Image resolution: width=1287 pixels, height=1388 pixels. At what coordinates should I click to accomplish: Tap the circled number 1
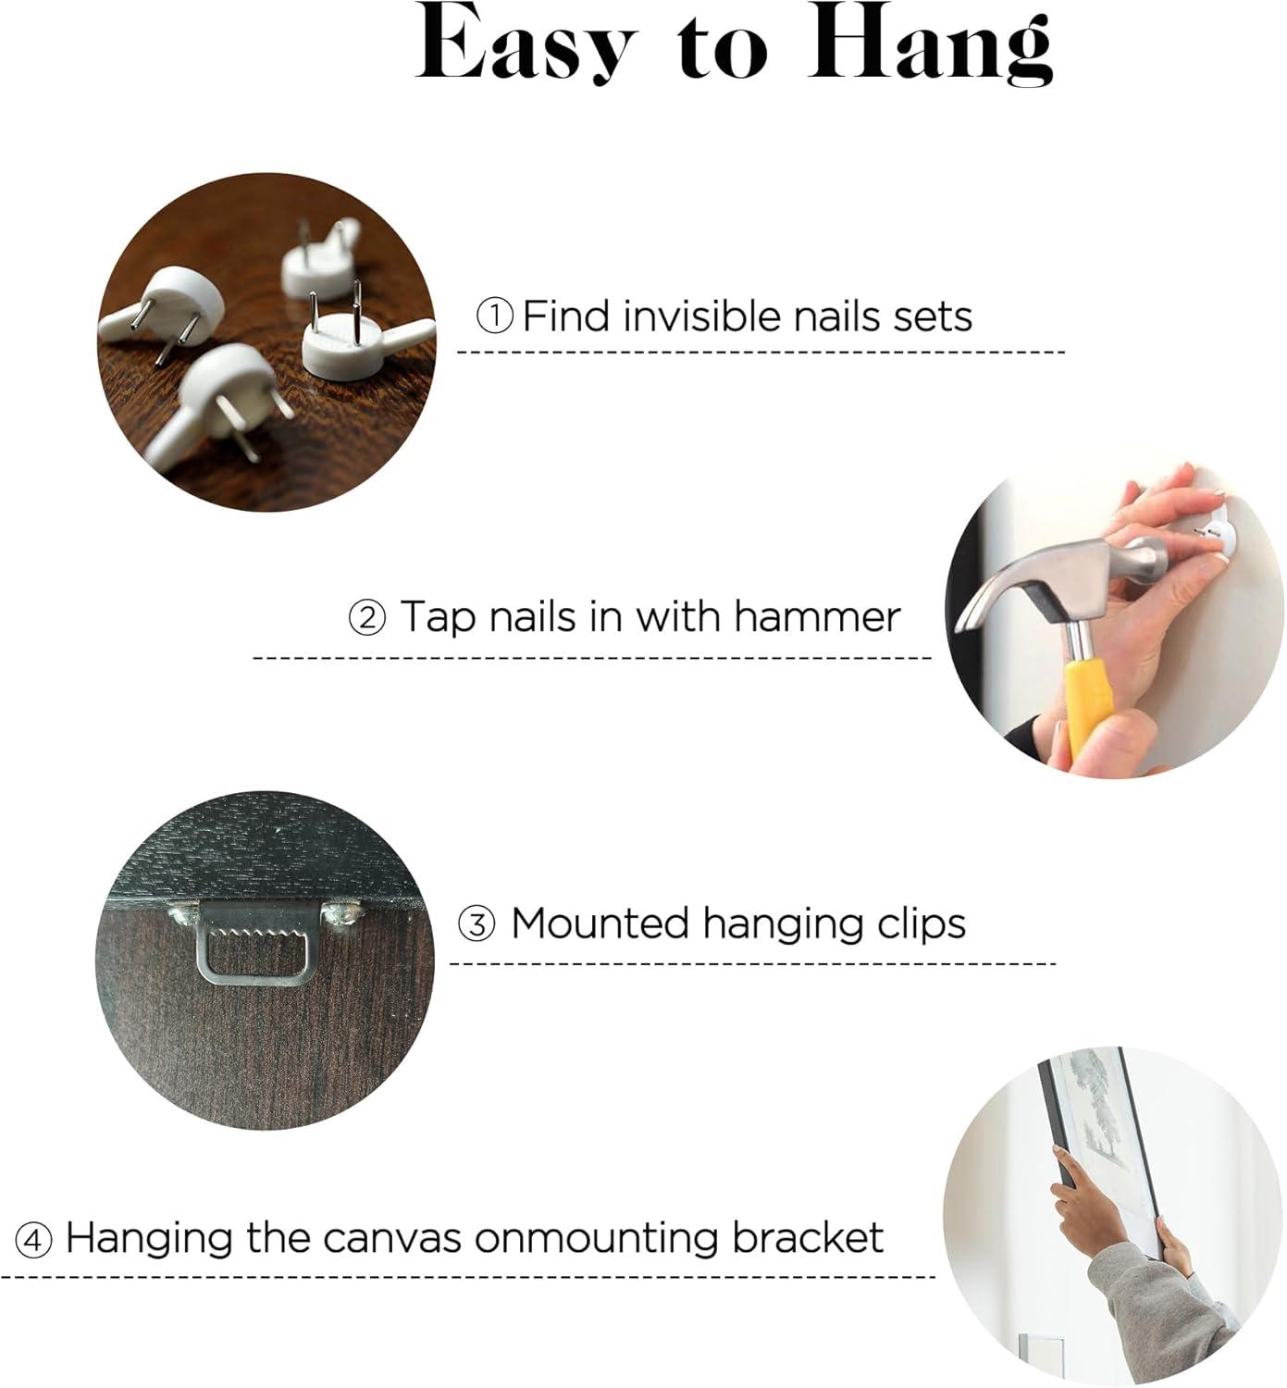coord(495,317)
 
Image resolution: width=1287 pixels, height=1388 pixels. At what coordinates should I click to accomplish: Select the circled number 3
coord(477,924)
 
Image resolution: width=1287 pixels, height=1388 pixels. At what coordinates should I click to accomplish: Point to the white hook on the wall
coord(1214,537)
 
